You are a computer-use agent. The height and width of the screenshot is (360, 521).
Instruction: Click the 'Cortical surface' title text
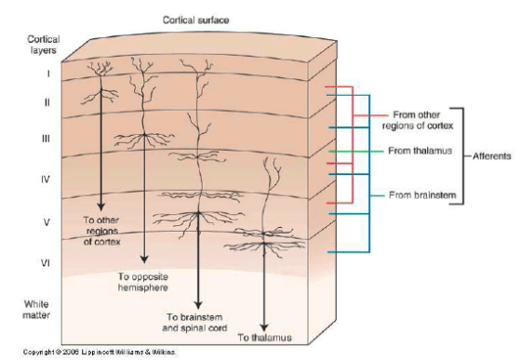click(x=195, y=19)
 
